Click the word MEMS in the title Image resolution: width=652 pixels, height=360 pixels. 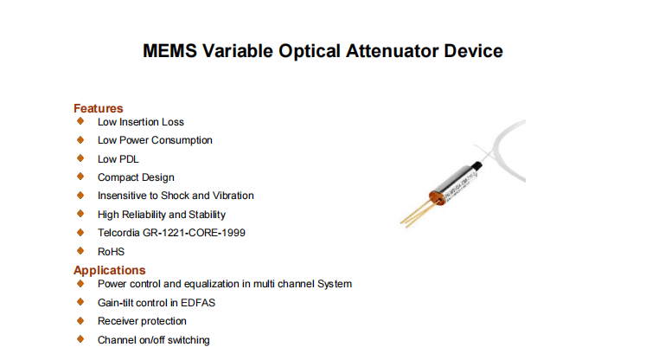click(x=169, y=51)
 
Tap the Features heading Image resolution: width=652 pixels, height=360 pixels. click(x=98, y=108)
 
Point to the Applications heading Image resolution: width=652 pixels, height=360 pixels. click(x=109, y=270)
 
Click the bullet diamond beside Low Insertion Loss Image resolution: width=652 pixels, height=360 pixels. click(x=80, y=121)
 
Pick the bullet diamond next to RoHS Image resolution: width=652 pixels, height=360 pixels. click(x=80, y=251)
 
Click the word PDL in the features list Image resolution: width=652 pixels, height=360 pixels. click(x=130, y=159)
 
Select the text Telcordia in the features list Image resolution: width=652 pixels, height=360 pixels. click(x=118, y=233)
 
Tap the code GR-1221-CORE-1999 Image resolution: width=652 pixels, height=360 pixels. click(x=195, y=233)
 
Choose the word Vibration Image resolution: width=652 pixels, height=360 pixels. click(x=233, y=196)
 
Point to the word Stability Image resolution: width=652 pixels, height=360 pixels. click(x=207, y=215)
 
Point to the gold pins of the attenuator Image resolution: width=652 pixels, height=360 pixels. click(x=417, y=214)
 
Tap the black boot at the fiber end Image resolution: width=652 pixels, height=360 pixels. click(x=479, y=165)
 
